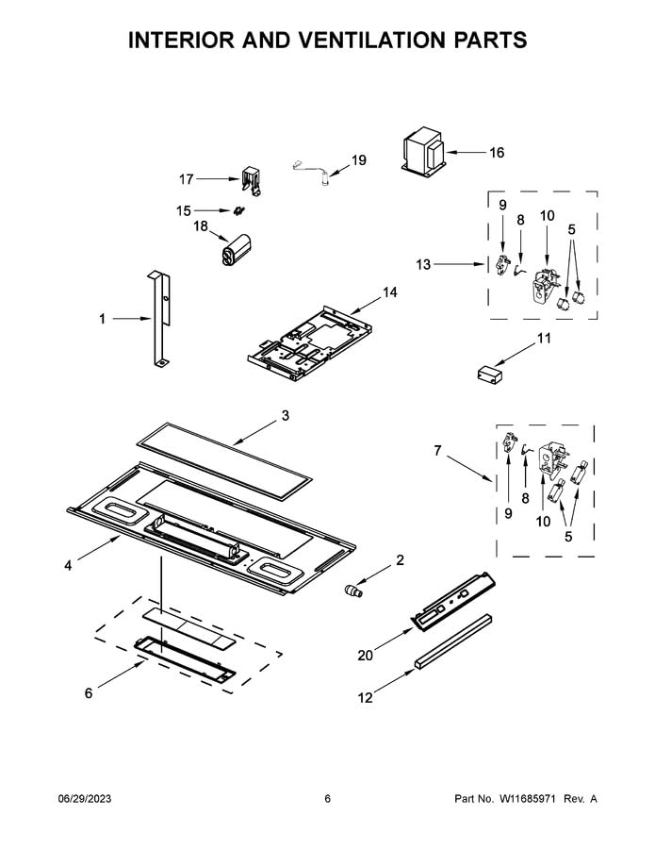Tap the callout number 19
coord(358,160)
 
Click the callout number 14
coord(389,293)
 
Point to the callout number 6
coord(89,693)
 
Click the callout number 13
coord(423,265)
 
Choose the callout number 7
coord(436,452)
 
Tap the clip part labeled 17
coord(250,180)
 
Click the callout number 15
coord(183,210)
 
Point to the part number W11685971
coord(521,799)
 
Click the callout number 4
coord(68,566)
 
